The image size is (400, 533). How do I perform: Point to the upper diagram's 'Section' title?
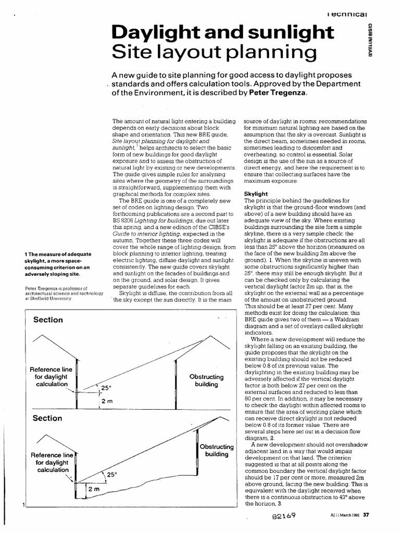point(47,320)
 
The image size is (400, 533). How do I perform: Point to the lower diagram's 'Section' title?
point(47,418)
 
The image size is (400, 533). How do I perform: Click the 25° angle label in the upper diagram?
point(106,388)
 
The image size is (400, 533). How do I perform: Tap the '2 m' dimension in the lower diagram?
point(94,490)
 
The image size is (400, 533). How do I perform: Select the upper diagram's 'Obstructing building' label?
point(206,380)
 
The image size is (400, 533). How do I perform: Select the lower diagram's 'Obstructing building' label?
point(216,450)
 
